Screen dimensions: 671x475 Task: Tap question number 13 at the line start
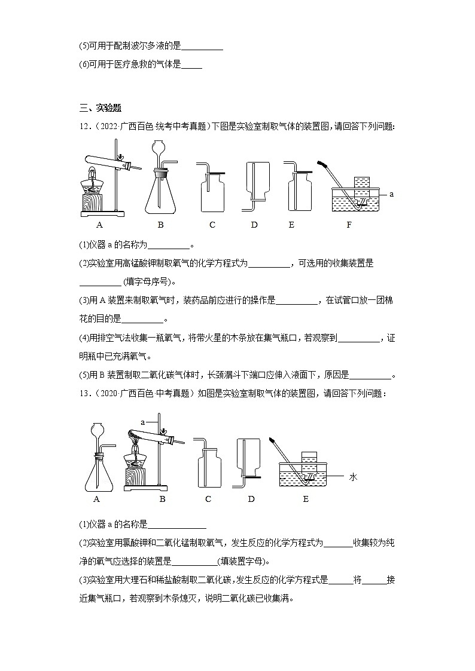click(84, 393)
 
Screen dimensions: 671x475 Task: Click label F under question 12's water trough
click(349, 225)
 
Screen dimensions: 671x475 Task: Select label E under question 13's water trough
click(306, 499)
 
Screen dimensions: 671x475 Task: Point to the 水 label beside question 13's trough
click(352, 477)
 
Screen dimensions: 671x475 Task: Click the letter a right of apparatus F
click(391, 194)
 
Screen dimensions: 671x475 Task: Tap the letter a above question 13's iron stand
click(143, 422)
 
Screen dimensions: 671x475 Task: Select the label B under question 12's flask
click(160, 225)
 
